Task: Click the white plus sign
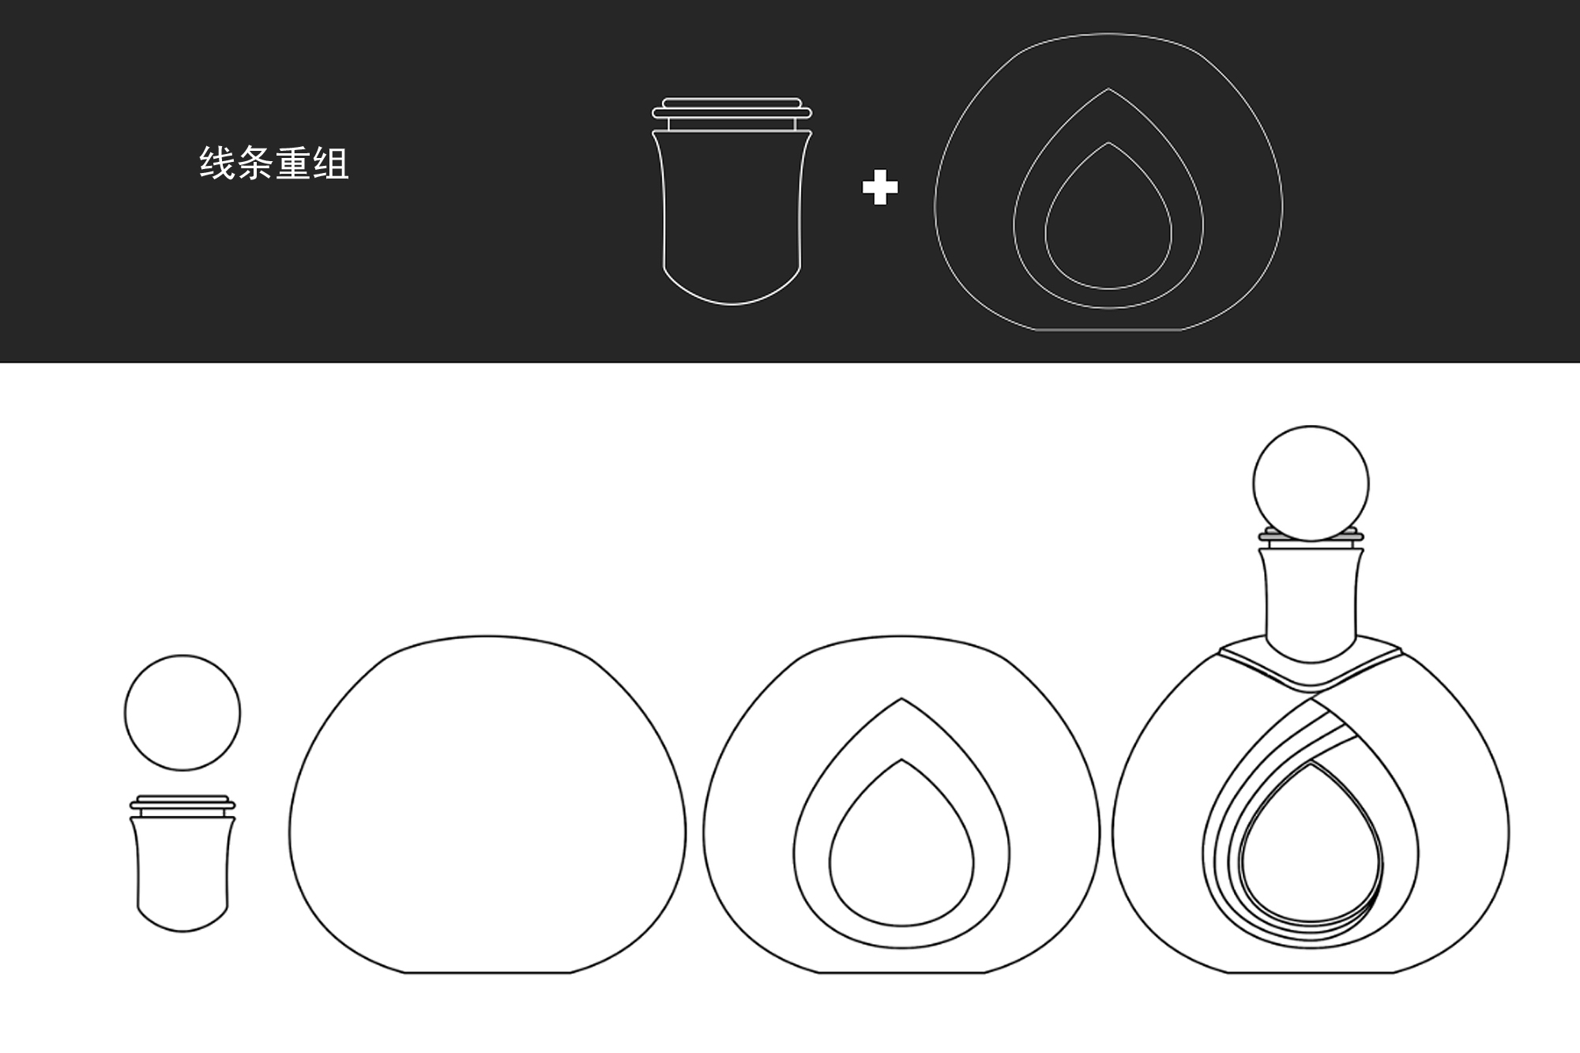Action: click(x=880, y=188)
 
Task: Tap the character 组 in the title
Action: click(x=330, y=164)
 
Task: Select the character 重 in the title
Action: click(x=293, y=164)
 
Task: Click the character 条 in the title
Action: click(x=255, y=164)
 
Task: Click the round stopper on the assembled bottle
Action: click(x=1311, y=483)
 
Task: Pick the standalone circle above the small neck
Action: click(x=182, y=713)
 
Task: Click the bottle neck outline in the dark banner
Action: click(x=732, y=213)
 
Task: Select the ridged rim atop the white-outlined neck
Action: click(x=732, y=111)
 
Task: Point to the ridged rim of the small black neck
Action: click(x=182, y=805)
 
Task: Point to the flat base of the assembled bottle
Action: click(x=1311, y=972)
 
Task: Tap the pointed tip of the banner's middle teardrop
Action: click(x=1108, y=89)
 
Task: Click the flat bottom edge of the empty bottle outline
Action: click(x=487, y=972)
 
